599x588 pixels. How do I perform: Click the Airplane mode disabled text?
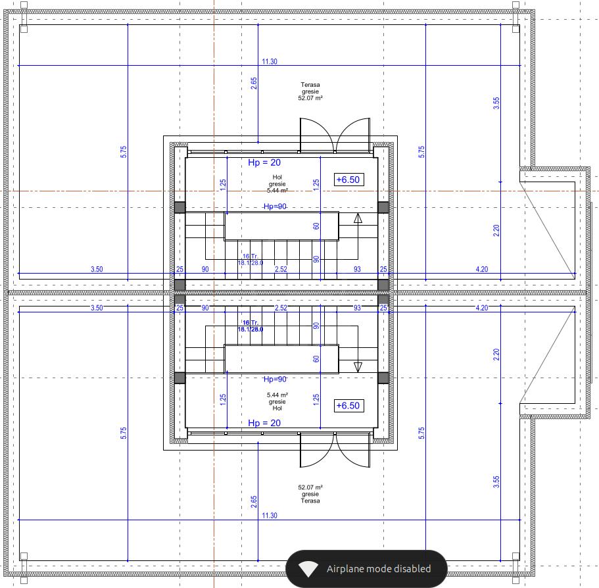(x=379, y=569)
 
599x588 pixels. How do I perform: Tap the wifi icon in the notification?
(x=308, y=569)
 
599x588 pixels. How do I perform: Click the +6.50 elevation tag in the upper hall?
(x=348, y=180)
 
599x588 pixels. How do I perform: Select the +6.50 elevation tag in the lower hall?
(x=348, y=405)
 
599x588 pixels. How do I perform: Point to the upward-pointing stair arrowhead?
(x=358, y=218)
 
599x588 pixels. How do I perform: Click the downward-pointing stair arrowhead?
(x=358, y=367)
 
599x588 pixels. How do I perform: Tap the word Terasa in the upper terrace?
(x=310, y=85)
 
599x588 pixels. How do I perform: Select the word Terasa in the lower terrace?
(x=310, y=501)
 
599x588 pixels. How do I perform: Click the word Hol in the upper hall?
(x=277, y=178)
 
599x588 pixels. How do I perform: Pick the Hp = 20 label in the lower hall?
(x=264, y=423)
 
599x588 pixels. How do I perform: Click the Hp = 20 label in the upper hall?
(x=264, y=162)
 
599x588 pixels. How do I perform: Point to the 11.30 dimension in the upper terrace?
(x=270, y=62)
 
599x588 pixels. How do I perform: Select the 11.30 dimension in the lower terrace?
(x=270, y=516)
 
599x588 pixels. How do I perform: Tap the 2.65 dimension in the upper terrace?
(x=254, y=84)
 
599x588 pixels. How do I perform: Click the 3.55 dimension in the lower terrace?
(x=496, y=482)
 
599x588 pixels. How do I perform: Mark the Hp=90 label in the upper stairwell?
(x=275, y=207)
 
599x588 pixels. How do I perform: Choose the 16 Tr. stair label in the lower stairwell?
(x=251, y=323)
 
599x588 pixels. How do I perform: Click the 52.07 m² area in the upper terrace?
(x=310, y=98)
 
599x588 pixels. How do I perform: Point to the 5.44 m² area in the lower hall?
(x=277, y=395)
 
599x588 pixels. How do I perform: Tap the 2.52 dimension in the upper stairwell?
(x=281, y=269)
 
